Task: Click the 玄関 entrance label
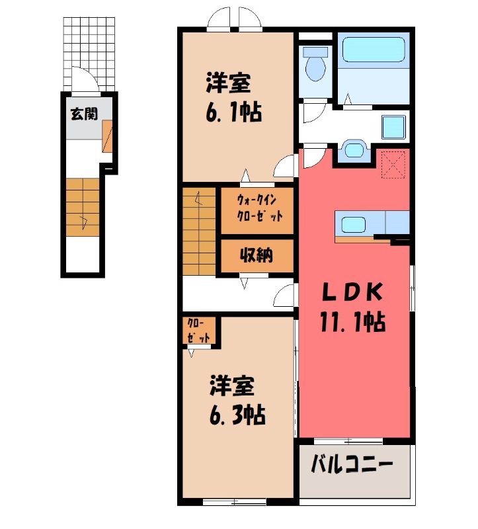tap(84, 114)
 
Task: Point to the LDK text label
tap(352, 292)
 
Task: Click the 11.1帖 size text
tap(352, 322)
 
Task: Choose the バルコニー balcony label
tap(352, 465)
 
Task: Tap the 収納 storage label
tap(256, 255)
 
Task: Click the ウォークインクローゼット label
tap(259, 208)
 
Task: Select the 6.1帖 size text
tap(234, 112)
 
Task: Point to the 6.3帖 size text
tap(237, 415)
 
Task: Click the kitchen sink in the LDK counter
tap(353, 224)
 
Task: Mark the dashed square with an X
tap(393, 164)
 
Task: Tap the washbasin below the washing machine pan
tap(354, 149)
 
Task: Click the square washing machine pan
tap(393, 127)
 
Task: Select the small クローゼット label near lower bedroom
tap(198, 331)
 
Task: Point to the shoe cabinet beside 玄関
tap(107, 136)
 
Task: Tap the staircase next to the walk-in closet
tap(199, 231)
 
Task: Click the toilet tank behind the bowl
tap(315, 52)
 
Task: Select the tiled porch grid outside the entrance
tap(89, 54)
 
